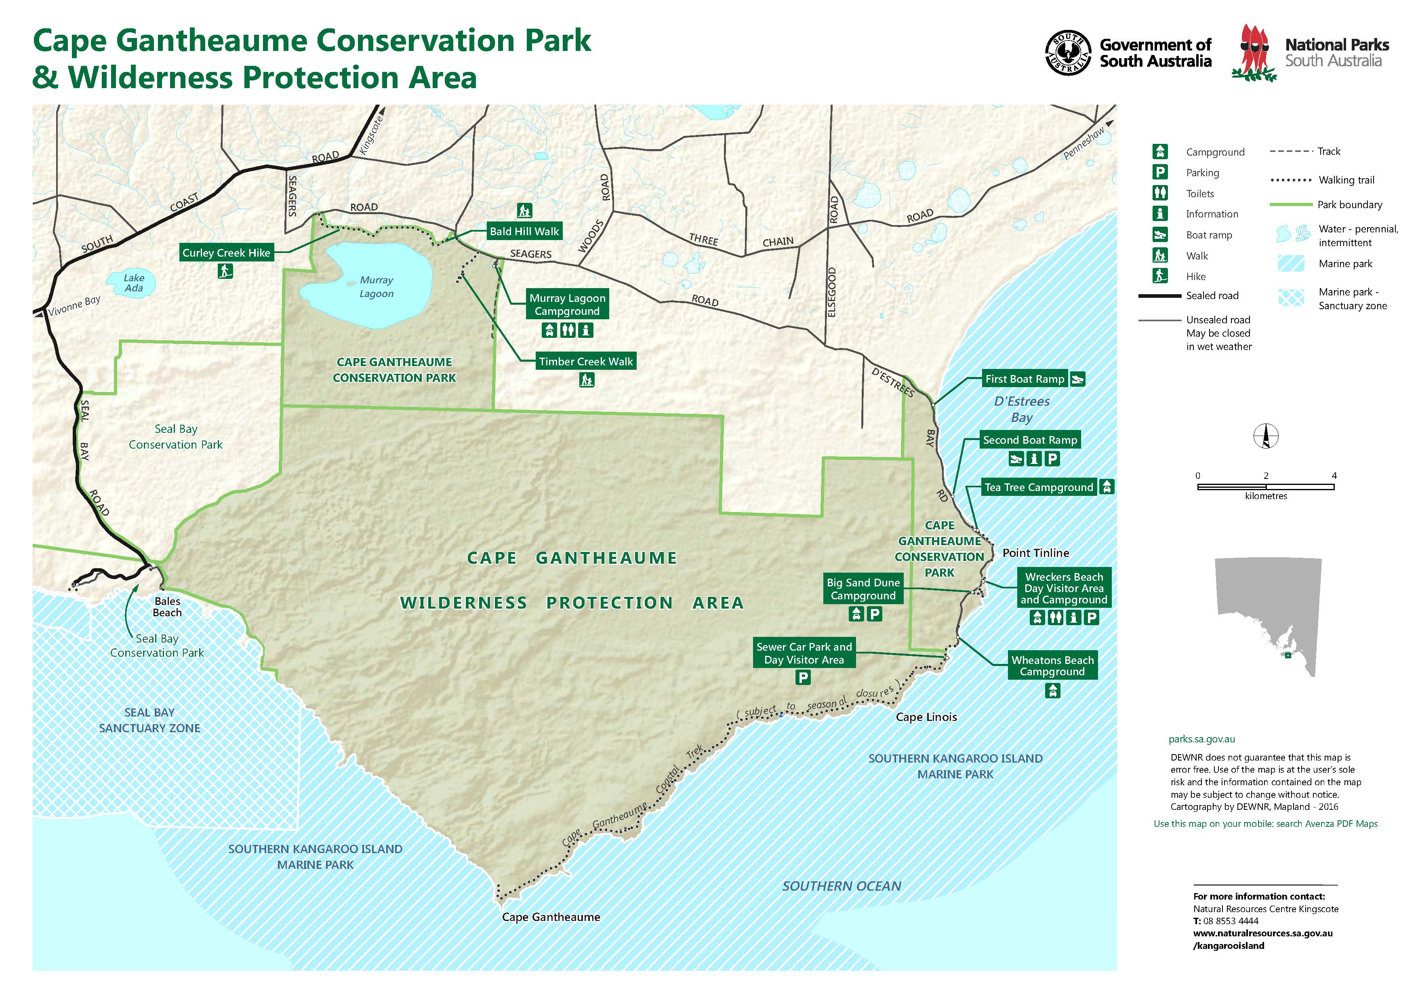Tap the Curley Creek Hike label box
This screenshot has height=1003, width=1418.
pyautogui.click(x=226, y=253)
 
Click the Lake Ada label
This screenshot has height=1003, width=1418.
pyautogui.click(x=133, y=283)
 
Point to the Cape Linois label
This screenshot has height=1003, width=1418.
pyautogui.click(x=926, y=717)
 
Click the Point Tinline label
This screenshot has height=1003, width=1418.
pyautogui.click(x=1036, y=553)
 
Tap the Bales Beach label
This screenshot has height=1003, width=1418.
pyautogui.click(x=167, y=607)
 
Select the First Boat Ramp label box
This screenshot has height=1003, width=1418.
pyautogui.click(x=1025, y=379)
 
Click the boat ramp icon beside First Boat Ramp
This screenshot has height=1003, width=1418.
pyautogui.click(x=1077, y=379)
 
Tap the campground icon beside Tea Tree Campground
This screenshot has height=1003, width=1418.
pyautogui.click(x=1107, y=487)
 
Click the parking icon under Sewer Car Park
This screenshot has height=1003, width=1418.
pyautogui.click(x=803, y=678)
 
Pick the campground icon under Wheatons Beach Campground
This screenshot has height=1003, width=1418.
pyautogui.click(x=1052, y=691)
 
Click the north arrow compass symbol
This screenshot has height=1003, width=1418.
pyautogui.click(x=1265, y=436)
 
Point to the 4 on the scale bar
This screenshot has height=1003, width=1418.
pyautogui.click(x=1334, y=476)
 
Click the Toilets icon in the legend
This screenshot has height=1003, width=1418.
pyautogui.click(x=1160, y=193)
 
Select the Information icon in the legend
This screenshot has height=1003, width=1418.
pyautogui.click(x=1160, y=214)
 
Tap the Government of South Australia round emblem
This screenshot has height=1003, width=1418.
pyautogui.click(x=1068, y=53)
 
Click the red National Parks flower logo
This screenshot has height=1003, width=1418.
pyautogui.click(x=1254, y=53)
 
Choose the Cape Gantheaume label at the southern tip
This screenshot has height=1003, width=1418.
pyautogui.click(x=551, y=917)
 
